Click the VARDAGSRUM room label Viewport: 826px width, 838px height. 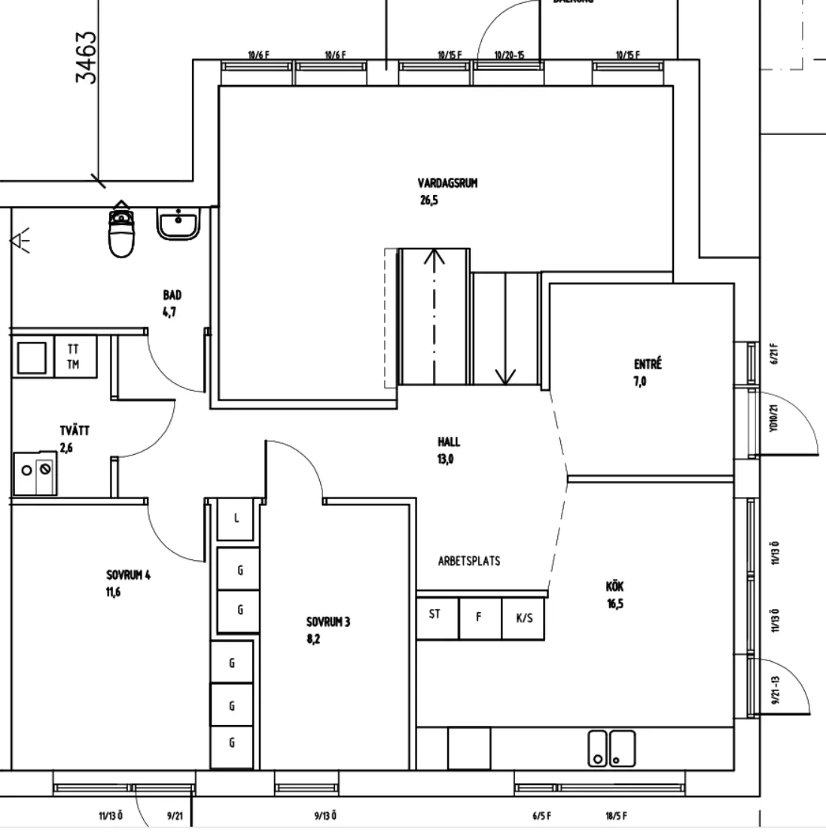coord(447,183)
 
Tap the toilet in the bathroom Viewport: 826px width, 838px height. coord(121,232)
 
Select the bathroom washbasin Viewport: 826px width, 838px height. coord(178,224)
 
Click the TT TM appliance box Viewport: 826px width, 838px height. coord(75,357)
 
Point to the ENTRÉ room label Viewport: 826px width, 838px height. coord(647,365)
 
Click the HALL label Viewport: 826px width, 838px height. coord(448,442)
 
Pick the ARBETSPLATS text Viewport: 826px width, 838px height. coord(468,561)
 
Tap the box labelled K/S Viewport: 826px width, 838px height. coord(524,618)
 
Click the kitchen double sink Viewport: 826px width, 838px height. coord(611,748)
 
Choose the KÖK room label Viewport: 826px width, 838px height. coord(614,587)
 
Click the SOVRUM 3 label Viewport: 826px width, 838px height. coord(328,622)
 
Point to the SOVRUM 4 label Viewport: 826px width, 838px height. coord(128,576)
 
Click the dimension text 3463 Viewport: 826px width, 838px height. coord(87,56)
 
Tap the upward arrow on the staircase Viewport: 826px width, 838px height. coord(434,259)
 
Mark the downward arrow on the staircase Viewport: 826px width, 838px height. coord(504,373)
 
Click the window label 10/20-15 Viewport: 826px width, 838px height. coord(509,55)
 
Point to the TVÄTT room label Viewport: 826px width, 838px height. coord(75,431)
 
